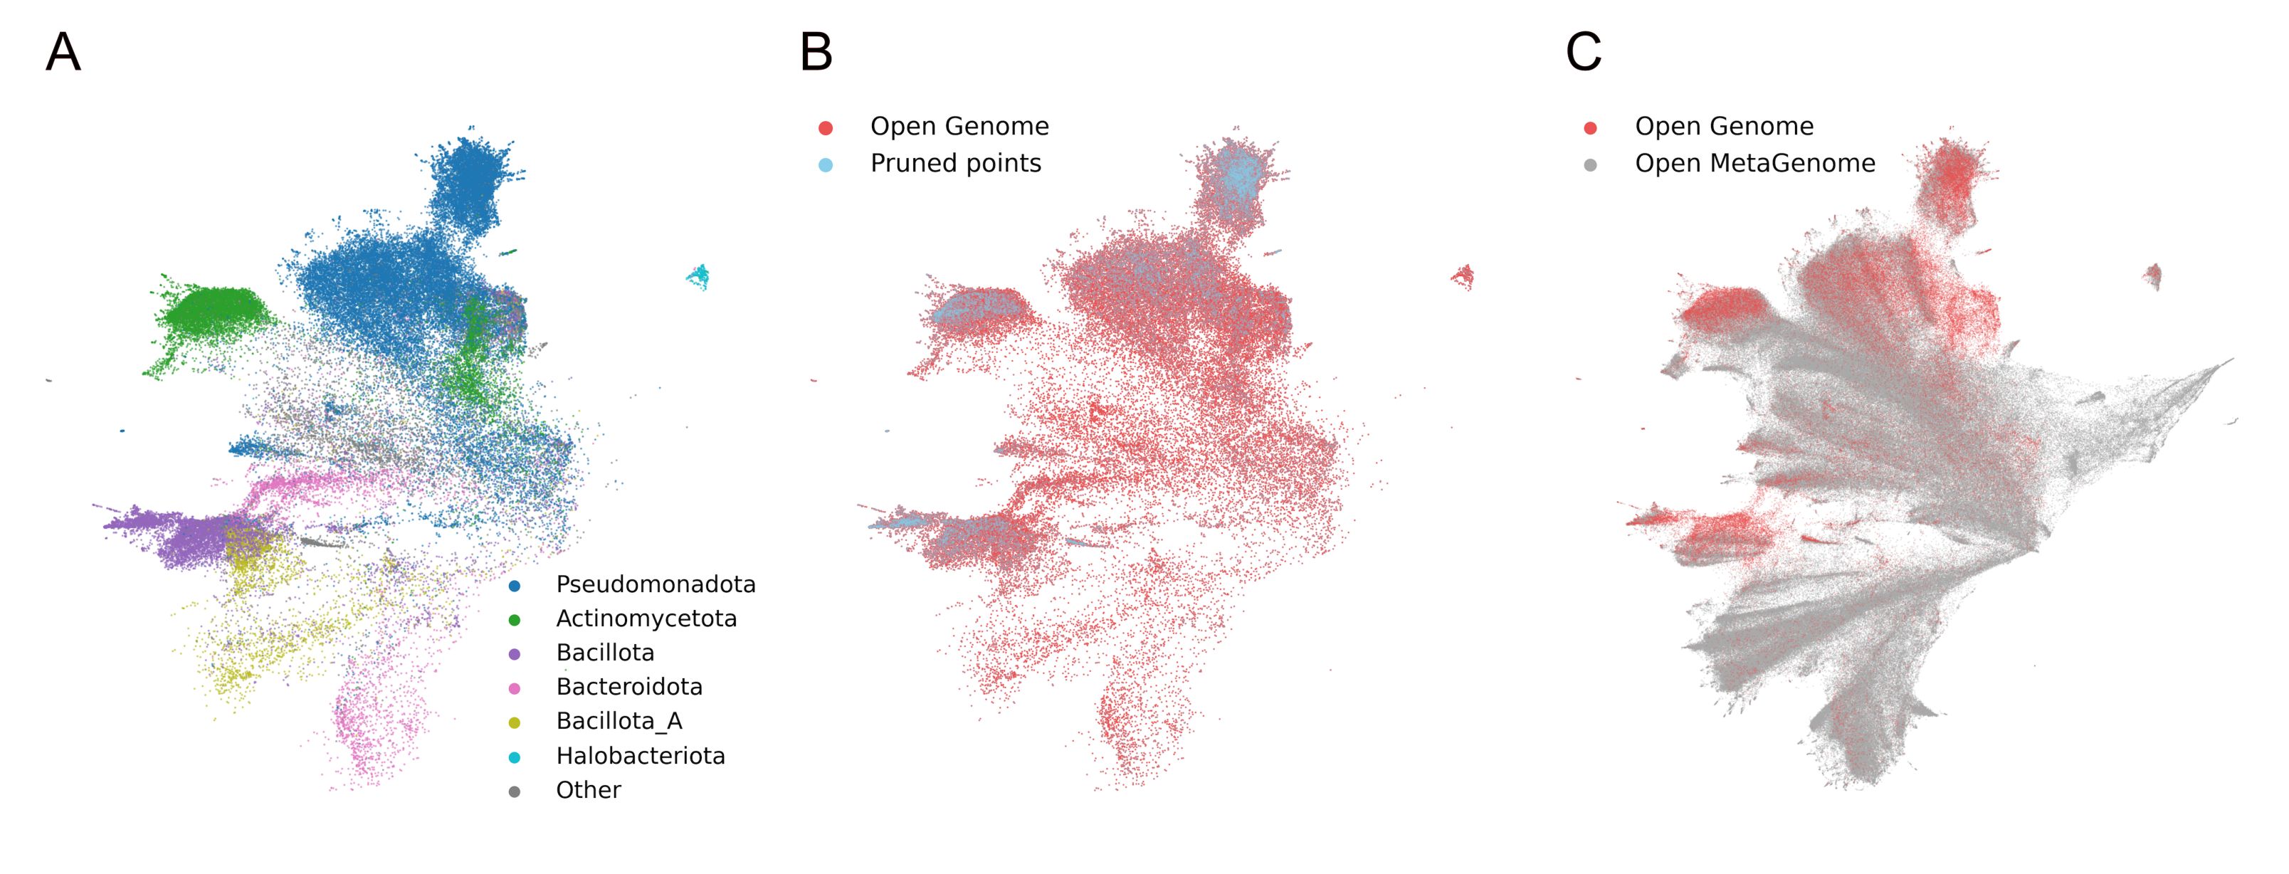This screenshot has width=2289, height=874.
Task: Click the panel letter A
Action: [63, 53]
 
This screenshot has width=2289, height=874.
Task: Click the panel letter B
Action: [816, 53]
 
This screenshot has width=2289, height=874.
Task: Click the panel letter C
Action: [1584, 53]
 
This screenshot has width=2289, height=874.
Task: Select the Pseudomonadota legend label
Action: [655, 584]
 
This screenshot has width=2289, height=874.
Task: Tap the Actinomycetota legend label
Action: [646, 618]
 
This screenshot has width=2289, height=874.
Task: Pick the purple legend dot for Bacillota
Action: [515, 655]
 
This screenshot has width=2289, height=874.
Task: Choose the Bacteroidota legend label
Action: [628, 687]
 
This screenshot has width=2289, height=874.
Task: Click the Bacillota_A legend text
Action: [619, 720]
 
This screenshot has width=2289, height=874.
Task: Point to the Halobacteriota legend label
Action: [640, 756]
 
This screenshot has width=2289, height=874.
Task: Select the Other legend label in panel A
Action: [588, 789]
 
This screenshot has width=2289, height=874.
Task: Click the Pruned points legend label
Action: [955, 164]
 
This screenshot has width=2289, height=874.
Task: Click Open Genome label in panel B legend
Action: [959, 126]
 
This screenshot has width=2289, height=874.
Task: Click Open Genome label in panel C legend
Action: [1724, 126]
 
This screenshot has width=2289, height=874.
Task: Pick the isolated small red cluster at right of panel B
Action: [1463, 276]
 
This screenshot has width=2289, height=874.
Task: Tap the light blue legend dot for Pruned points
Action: [826, 165]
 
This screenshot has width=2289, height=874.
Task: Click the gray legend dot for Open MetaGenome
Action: [1591, 165]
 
